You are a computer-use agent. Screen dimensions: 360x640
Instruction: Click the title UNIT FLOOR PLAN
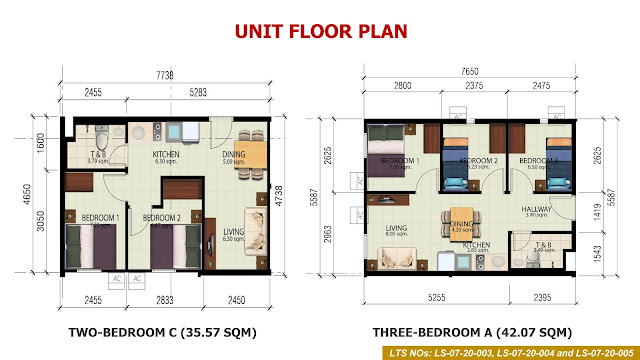pos(321,30)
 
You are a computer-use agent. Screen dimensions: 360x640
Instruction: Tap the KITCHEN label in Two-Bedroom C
pos(165,155)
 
